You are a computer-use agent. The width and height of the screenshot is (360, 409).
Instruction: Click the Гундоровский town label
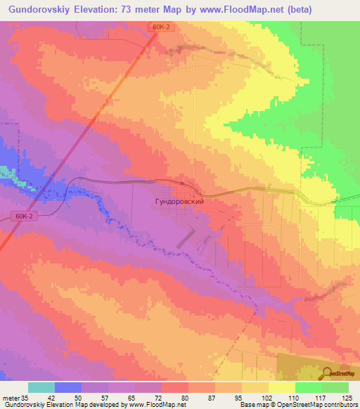[x=179, y=201]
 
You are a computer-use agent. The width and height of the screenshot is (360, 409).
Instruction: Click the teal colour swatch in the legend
[x=41, y=387]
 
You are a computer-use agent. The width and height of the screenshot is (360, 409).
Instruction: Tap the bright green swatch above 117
[x=308, y=387]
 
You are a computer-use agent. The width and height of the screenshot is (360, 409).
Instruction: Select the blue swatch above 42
[x=68, y=387]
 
